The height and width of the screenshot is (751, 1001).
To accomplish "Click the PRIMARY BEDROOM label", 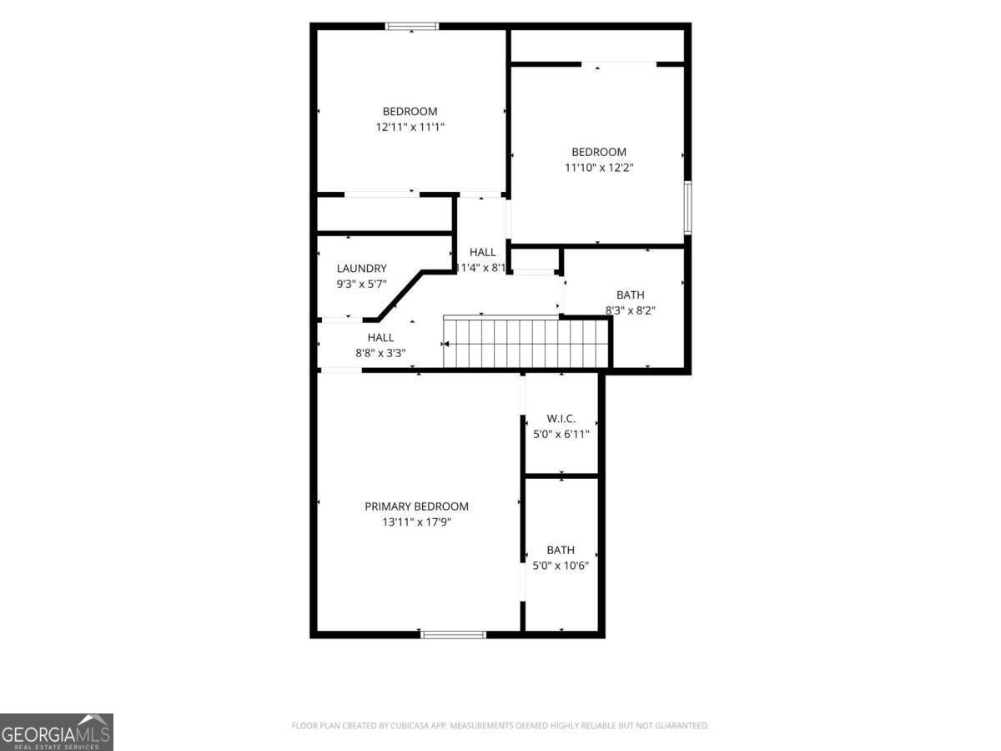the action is coord(416,507).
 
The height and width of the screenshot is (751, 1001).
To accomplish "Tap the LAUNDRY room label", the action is coord(362,268).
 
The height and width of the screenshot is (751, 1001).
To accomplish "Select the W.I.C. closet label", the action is coord(561,418).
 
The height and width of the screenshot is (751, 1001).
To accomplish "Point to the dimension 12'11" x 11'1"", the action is coord(410,127).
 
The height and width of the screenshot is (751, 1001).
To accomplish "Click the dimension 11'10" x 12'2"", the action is coord(599,168).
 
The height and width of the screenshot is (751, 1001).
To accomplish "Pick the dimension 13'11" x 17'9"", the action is coord(416,522).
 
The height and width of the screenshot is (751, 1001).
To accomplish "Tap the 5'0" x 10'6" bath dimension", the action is coord(561,566).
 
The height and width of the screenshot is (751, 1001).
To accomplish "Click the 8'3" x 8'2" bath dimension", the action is coord(631,310).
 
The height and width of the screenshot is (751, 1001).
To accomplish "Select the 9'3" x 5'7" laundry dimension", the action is coord(362,284).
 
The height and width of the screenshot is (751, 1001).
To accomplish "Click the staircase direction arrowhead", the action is coord(446,344).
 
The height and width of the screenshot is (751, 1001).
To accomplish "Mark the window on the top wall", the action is coord(412,26).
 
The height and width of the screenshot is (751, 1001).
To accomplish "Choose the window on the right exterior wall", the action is coord(687,208).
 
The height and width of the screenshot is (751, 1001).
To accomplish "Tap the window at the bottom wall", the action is coord(453,634).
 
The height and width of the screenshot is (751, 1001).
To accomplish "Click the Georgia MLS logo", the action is coord(57,733).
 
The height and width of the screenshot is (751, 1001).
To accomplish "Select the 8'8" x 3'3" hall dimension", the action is coord(380,353).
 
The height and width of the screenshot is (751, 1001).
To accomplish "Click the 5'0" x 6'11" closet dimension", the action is coord(561,434).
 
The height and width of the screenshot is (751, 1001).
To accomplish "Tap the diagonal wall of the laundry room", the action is coord(400,296).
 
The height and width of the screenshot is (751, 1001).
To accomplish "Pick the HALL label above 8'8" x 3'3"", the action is coord(380,337).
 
